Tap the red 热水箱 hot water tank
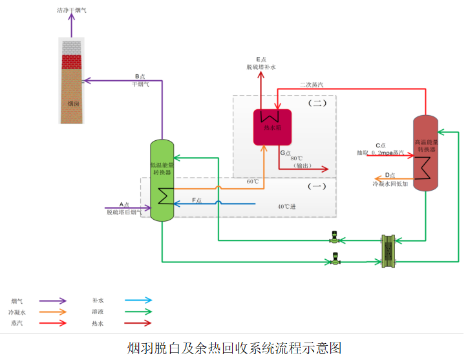tap(271, 127)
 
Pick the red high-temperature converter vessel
tap(425, 153)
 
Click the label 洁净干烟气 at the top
tap(71, 11)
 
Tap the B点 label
tap(140, 76)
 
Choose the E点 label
tap(261, 59)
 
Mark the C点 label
tap(380, 145)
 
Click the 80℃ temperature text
tap(297, 158)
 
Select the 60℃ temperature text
tap(252, 182)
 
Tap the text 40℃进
tap(287, 207)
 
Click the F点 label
tap(197, 200)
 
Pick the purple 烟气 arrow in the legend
tap(52, 301)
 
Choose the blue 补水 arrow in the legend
tap(139, 301)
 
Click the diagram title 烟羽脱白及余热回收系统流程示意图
tap(234, 347)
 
